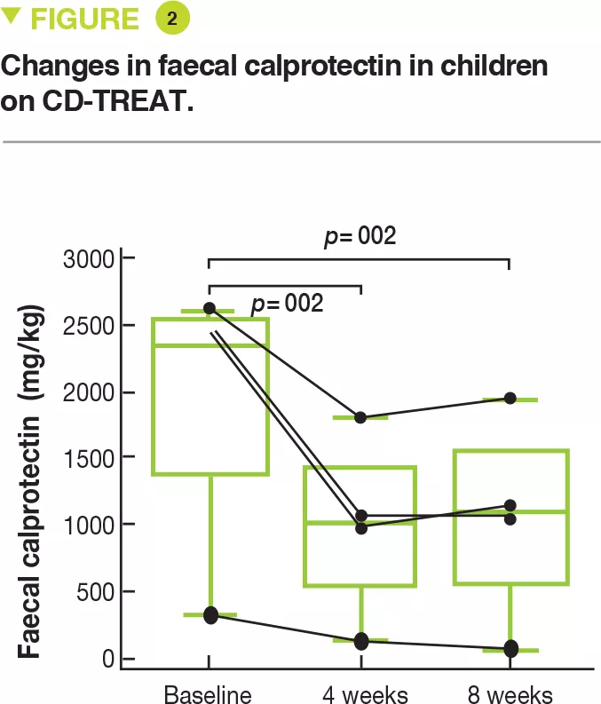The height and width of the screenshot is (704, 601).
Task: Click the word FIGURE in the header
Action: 84,19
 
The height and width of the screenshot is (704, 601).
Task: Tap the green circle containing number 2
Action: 171,19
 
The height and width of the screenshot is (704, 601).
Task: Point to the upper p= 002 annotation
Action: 360,236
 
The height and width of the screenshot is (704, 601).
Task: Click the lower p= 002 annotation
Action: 287,303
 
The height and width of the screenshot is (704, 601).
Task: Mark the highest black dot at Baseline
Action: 210,308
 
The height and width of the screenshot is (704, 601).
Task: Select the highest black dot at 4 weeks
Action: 360,417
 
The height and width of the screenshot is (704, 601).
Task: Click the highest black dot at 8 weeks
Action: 510,398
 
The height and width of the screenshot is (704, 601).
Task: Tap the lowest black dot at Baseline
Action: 210,616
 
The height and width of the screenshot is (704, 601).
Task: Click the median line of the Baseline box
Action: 210,345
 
